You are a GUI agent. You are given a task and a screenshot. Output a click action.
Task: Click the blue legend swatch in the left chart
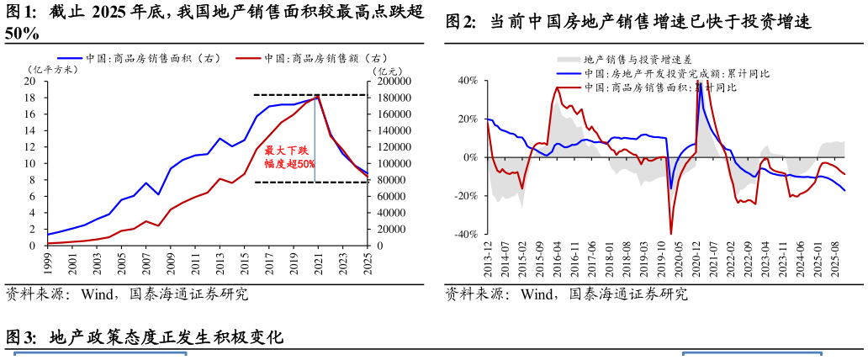tap(70, 59)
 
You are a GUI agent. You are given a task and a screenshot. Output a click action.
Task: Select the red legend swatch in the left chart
tap(248, 59)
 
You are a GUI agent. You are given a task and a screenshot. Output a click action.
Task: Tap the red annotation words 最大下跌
tap(286, 151)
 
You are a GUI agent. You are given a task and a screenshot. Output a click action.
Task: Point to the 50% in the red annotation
tap(305, 164)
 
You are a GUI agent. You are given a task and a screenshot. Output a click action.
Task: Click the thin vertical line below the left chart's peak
tap(315, 151)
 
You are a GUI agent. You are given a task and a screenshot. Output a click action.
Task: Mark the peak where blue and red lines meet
tap(316, 97)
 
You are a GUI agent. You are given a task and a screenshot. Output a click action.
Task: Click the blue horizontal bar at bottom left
tap(100, 353)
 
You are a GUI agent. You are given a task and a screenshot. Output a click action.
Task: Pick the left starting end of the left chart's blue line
tap(49, 234)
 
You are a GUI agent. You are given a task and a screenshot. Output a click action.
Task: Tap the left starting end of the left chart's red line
tap(49, 243)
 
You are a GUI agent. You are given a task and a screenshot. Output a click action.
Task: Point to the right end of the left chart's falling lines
tap(367, 175)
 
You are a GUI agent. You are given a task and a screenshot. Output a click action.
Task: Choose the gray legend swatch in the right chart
tap(569, 59)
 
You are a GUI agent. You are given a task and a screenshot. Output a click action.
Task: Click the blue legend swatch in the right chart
tap(569, 73)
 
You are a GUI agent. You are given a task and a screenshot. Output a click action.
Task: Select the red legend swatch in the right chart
tap(569, 87)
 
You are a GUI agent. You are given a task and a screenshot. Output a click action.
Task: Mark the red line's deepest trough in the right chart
tap(671, 233)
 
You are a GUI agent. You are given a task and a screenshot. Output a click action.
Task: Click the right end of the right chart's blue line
tap(844, 190)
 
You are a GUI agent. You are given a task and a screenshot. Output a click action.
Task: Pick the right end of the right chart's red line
tap(844, 173)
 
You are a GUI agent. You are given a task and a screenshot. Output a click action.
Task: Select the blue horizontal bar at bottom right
tap(751, 353)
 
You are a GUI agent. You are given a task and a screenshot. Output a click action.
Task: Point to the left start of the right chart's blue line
tap(489, 120)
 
